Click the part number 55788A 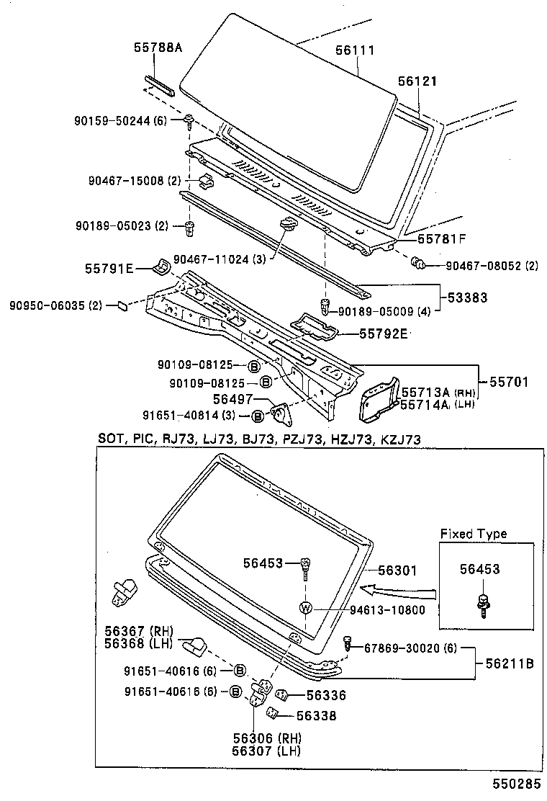(x=158, y=48)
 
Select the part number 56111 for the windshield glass (x=356, y=50)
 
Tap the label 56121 (x=417, y=83)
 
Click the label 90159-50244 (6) (x=120, y=121)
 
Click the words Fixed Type (x=474, y=534)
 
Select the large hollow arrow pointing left (x=397, y=591)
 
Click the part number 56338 (x=317, y=716)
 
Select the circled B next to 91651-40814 (x=257, y=416)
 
